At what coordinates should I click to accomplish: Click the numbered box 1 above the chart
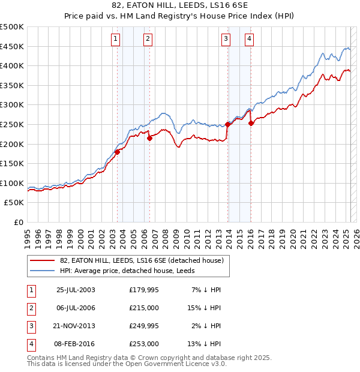click(x=115, y=40)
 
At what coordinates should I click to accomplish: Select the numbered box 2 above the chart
click(x=148, y=40)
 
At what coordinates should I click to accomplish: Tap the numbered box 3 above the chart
click(x=226, y=40)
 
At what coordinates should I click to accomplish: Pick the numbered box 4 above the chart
click(x=248, y=40)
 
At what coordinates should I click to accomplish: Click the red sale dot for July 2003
click(x=118, y=152)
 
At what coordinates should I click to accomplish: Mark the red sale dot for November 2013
click(x=228, y=125)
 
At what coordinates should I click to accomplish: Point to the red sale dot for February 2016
click(x=251, y=124)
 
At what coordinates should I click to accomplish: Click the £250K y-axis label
click(x=12, y=124)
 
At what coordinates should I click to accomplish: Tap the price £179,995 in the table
click(x=143, y=290)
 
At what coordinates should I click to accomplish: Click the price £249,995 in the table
click(x=143, y=325)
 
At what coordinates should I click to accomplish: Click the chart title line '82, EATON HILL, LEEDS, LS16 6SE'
click(x=180, y=5)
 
